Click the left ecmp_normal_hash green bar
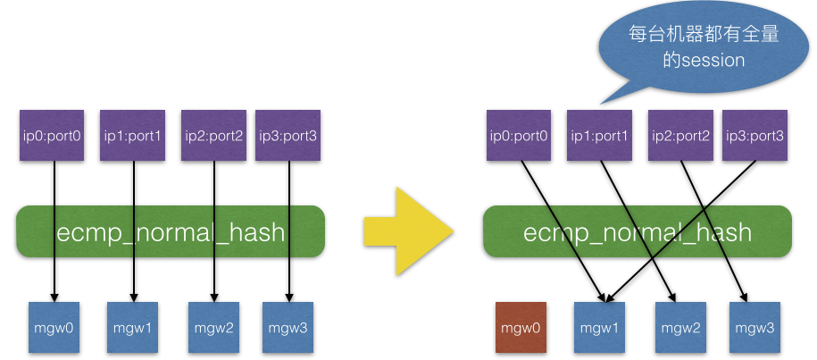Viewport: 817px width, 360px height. (x=170, y=232)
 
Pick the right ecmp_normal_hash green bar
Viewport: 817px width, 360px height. (x=637, y=232)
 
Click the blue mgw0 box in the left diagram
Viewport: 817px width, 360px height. (x=54, y=328)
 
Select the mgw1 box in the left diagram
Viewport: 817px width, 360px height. (x=133, y=328)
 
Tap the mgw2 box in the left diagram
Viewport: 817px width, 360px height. (x=213, y=328)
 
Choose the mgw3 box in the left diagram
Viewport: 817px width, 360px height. (x=288, y=328)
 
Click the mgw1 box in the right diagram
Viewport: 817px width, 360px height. (x=599, y=329)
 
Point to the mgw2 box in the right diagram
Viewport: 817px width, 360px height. (x=679, y=329)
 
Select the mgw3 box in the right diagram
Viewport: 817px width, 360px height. (x=754, y=329)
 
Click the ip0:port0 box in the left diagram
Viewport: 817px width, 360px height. (x=52, y=136)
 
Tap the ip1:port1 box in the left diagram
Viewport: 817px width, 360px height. (x=132, y=136)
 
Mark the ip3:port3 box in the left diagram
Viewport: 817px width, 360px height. (x=287, y=136)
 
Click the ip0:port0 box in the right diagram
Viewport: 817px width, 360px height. (x=519, y=136)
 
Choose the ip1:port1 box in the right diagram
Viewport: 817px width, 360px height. (x=599, y=136)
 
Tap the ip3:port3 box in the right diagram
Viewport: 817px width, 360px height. (x=754, y=136)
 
